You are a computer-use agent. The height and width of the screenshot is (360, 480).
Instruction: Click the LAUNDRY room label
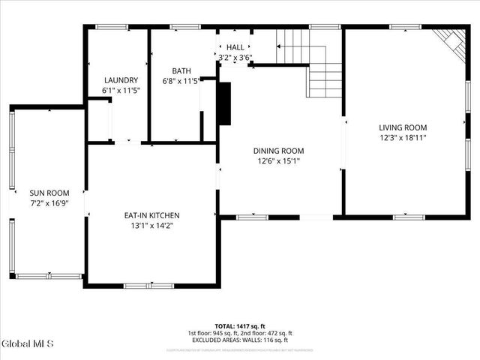click(121, 80)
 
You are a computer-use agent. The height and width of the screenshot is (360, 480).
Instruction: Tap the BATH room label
click(181, 71)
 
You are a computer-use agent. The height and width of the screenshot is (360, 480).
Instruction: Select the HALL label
click(235, 47)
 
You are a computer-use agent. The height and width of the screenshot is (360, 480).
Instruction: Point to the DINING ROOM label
click(279, 151)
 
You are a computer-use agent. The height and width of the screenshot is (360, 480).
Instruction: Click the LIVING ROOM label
click(403, 127)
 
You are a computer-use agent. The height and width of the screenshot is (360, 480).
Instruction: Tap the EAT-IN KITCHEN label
click(151, 215)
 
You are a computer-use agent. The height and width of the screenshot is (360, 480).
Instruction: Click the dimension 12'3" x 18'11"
click(403, 137)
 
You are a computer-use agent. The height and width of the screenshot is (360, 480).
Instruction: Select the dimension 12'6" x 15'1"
click(279, 160)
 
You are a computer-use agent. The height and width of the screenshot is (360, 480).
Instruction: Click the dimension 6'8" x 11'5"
click(181, 81)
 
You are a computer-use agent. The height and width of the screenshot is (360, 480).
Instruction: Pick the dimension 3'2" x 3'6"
click(235, 57)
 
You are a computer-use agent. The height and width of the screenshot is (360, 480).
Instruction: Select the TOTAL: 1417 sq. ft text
click(241, 326)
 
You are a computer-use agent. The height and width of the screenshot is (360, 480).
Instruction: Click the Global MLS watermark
click(28, 344)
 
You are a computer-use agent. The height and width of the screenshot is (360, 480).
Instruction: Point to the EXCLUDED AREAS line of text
click(240, 340)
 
